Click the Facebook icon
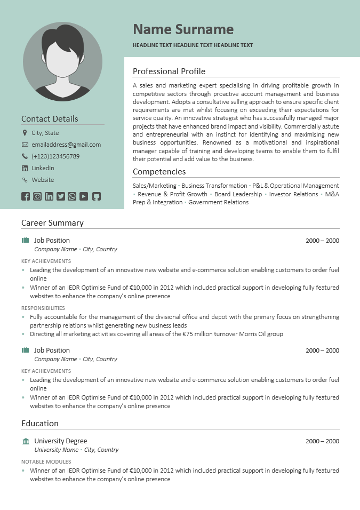coord(26,196)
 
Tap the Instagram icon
coord(37,196)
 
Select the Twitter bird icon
coord(61,196)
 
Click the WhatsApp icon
coord(72,196)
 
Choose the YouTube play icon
coord(84,196)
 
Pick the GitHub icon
coord(96,196)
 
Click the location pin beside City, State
coord(25,133)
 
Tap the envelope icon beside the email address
coord(25,145)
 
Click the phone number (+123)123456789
coord(55,156)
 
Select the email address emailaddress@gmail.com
coord(66,145)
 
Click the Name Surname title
coord(183,29)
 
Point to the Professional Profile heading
coord(169,71)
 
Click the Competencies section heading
coord(159,172)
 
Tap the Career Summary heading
coord(52,223)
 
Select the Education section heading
coord(40,424)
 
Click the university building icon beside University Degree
coord(26,441)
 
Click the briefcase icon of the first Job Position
coord(26,241)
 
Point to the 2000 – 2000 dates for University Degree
coord(322,441)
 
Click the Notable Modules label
coord(46,461)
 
